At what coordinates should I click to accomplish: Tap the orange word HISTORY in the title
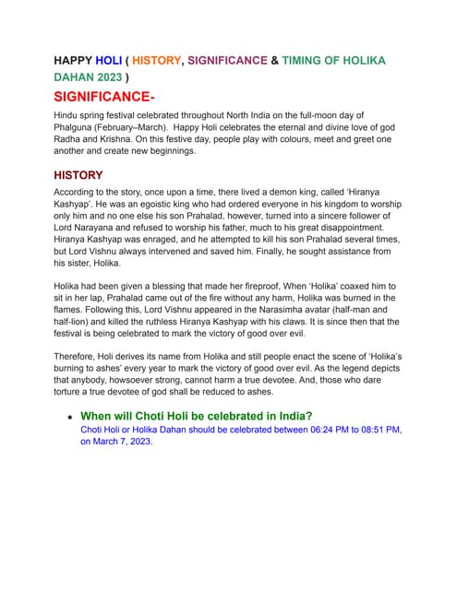pos(152,61)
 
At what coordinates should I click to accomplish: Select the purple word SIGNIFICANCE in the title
pos(228,61)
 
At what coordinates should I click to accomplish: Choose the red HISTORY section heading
pos(78,175)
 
